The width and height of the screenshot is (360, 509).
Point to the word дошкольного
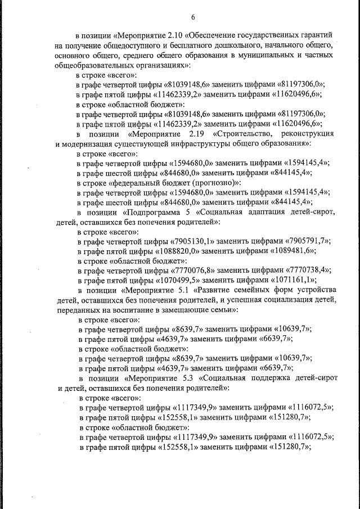coord(222,44)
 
